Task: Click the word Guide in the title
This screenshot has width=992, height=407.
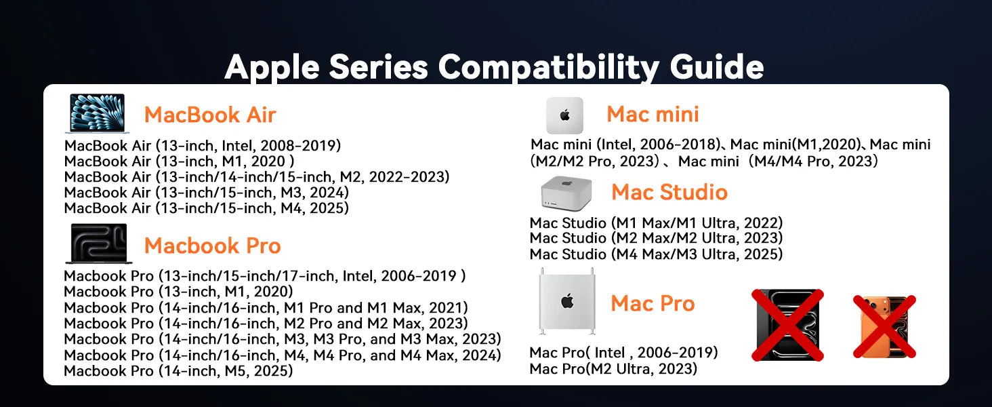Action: tap(716, 67)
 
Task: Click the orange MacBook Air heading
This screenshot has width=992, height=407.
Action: tap(210, 115)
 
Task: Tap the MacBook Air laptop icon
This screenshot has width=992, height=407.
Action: tap(98, 113)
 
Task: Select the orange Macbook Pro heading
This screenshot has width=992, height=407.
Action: tap(213, 246)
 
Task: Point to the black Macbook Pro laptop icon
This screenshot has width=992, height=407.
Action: tap(99, 244)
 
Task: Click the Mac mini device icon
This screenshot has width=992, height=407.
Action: tap(564, 115)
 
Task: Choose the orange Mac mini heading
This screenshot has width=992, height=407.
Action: tap(653, 114)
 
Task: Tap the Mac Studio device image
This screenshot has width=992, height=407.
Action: tap(566, 193)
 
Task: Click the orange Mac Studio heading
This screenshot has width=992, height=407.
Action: tap(669, 193)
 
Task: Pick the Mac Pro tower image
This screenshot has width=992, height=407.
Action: tap(567, 301)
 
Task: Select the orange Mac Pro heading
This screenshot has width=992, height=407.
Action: tap(653, 304)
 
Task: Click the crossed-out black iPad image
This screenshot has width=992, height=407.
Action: tap(788, 325)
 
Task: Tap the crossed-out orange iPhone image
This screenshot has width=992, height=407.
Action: tap(884, 326)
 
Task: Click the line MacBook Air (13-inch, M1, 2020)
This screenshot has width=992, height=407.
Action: tap(180, 161)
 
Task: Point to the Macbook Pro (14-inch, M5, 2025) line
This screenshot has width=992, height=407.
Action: tap(178, 370)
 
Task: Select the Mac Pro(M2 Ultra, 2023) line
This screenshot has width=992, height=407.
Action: tap(613, 369)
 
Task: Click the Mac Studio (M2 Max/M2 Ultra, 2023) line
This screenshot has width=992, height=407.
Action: tap(657, 238)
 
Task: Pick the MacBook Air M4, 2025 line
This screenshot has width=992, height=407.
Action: tap(207, 208)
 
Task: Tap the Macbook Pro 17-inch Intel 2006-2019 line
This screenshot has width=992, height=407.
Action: tap(265, 276)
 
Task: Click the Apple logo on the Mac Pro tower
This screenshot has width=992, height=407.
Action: tap(567, 301)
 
